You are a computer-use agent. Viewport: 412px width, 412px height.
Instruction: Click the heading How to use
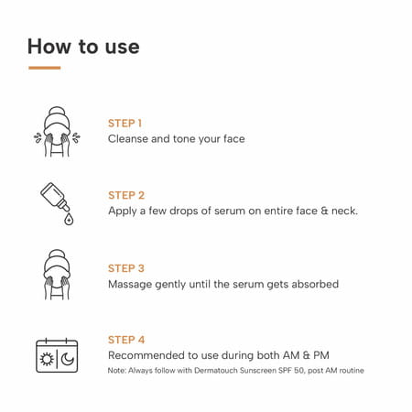pos(83,47)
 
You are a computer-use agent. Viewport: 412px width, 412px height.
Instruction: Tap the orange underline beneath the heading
pos(45,68)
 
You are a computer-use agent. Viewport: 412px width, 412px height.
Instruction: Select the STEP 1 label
pos(125,124)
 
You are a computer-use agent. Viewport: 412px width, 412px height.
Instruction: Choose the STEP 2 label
pos(126,195)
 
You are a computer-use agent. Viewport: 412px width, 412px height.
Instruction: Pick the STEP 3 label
pos(126,268)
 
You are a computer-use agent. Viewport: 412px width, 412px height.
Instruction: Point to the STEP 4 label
pos(126,340)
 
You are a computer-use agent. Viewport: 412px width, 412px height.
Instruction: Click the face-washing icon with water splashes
pos(57,132)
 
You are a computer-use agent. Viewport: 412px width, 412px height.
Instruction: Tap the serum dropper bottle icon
pos(55,197)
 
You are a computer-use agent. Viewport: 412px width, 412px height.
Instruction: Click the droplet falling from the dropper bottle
pos(69,219)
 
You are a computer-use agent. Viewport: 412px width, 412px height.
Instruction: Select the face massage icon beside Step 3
pos(57,275)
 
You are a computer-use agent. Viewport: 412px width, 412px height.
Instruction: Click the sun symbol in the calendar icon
pos(47,359)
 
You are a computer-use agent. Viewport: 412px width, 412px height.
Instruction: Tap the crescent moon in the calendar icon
pos(68,359)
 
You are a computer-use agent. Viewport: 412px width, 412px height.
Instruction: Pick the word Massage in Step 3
pos(130,285)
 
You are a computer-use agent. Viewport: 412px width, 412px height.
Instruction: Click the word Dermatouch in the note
pos(216,371)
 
